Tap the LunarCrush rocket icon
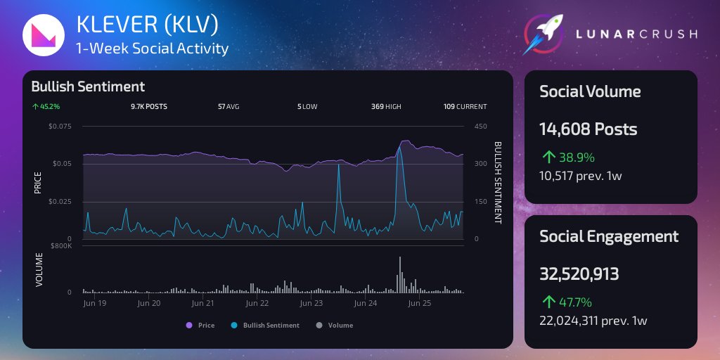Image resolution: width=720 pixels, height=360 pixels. tap(546, 33)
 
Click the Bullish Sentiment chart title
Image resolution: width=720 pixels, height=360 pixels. tap(88, 86)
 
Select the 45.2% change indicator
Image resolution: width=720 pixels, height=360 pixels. tap(46, 107)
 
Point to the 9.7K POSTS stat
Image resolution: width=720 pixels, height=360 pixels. tap(149, 107)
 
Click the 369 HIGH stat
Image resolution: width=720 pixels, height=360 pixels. tap(386, 107)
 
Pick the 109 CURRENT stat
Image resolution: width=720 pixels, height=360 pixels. tap(465, 107)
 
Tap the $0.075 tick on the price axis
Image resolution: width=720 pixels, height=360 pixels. tap(60, 127)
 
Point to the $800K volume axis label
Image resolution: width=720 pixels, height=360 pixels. tap(60, 245)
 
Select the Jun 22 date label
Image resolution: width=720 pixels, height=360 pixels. tap(257, 304)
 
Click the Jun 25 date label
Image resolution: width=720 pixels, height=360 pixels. tap(420, 304)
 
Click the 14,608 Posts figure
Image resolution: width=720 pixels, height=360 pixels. tap(589, 129)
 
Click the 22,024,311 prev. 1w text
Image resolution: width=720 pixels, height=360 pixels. tap(593, 321)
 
